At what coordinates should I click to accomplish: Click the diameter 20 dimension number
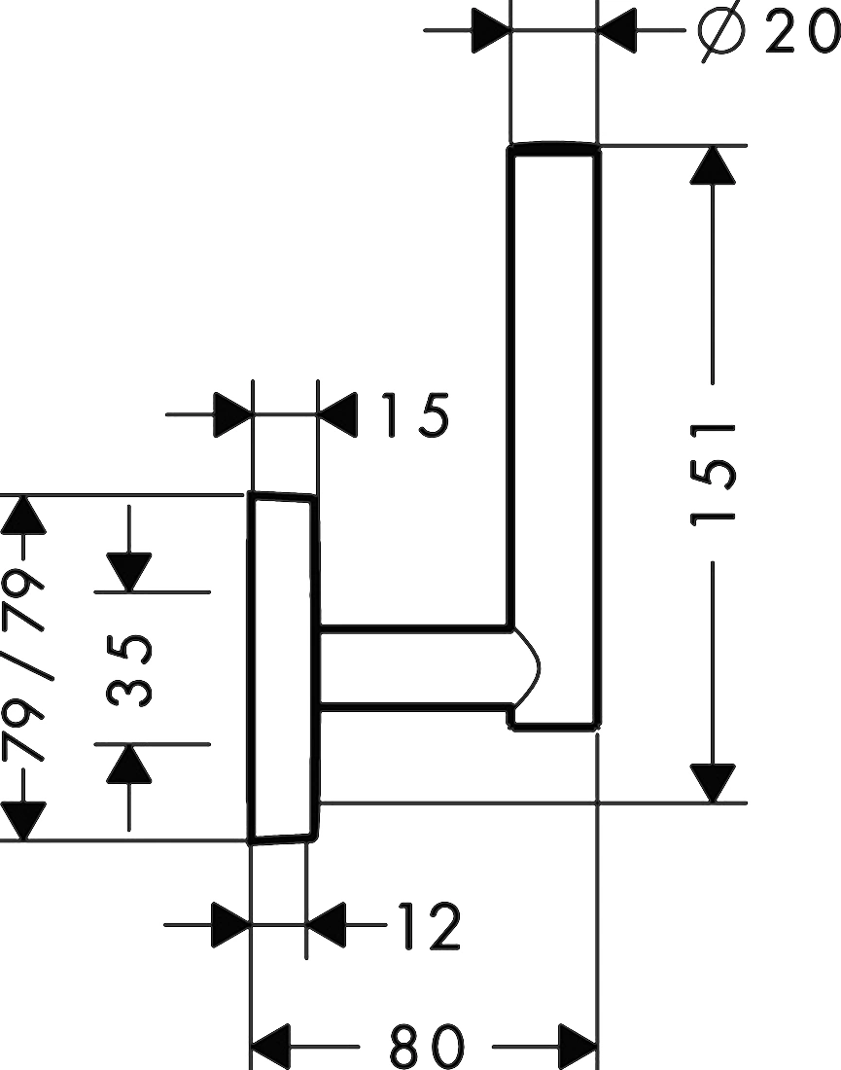coord(801,32)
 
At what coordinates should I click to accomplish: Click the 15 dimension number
coord(415,415)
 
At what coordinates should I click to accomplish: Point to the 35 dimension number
coord(129,670)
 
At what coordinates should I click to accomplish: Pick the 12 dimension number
coord(428,926)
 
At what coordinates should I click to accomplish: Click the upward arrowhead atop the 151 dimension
coord(713,165)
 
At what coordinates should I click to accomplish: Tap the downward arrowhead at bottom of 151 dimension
coord(713,783)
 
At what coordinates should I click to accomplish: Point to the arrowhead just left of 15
coord(337,415)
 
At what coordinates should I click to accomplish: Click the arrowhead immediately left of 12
coord(326,925)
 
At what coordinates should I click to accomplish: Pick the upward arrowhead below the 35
coord(129,764)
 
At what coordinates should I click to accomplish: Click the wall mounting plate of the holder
coord(282,667)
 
